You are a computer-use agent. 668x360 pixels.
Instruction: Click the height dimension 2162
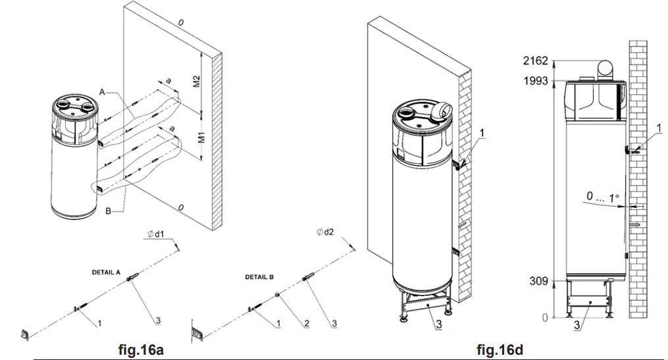pos(536,61)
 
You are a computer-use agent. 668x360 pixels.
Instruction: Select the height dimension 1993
pos(536,81)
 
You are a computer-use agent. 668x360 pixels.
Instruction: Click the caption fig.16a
pos(140,349)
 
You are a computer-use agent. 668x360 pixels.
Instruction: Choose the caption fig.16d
pos(500,349)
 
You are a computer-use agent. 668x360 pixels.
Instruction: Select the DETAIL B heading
pos(260,277)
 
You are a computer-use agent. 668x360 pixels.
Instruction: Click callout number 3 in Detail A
pos(157,321)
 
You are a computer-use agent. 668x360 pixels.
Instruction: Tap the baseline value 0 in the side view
pos(544,318)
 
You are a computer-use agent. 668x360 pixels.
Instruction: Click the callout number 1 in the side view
pos(641,126)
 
